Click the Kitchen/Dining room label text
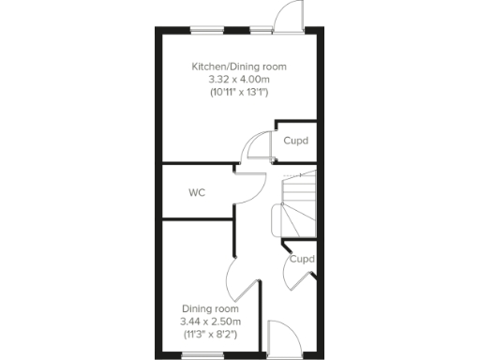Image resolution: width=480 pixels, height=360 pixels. point(239,67)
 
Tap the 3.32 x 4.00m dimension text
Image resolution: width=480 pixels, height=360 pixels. point(239,80)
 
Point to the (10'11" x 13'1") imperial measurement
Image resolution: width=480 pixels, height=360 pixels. point(239,93)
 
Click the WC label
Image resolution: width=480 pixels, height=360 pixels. point(197,193)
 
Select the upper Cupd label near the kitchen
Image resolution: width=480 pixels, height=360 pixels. point(295,141)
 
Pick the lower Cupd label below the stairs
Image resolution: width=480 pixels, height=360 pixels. point(301,259)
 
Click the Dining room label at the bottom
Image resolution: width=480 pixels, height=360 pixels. point(210,308)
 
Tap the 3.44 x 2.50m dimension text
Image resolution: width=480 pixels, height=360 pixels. point(210,322)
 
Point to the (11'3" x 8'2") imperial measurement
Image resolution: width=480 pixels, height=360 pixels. point(210,335)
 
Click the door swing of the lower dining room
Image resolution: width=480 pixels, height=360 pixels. point(239,277)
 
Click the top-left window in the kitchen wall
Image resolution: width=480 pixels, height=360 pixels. point(207,29)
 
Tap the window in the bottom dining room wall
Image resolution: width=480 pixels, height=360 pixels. point(196,354)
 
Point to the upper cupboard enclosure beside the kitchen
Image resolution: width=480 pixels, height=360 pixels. point(292,140)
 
